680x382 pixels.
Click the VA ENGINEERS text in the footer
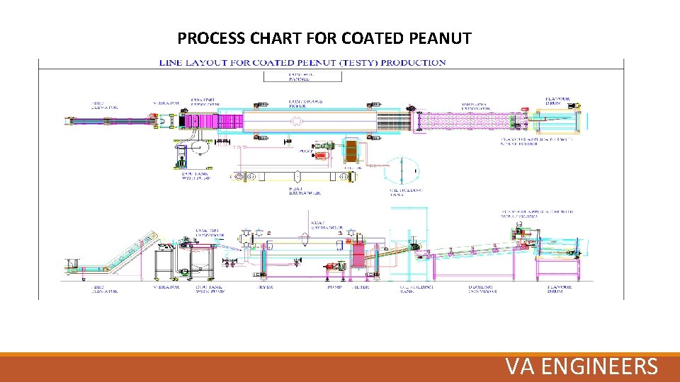coord(582,366)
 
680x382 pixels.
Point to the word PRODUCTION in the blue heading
coord(414,62)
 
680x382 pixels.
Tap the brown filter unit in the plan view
coord(352,153)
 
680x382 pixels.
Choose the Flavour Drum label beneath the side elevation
coord(560,289)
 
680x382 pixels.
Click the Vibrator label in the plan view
coord(166,103)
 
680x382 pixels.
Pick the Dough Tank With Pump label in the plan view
coord(196,175)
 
